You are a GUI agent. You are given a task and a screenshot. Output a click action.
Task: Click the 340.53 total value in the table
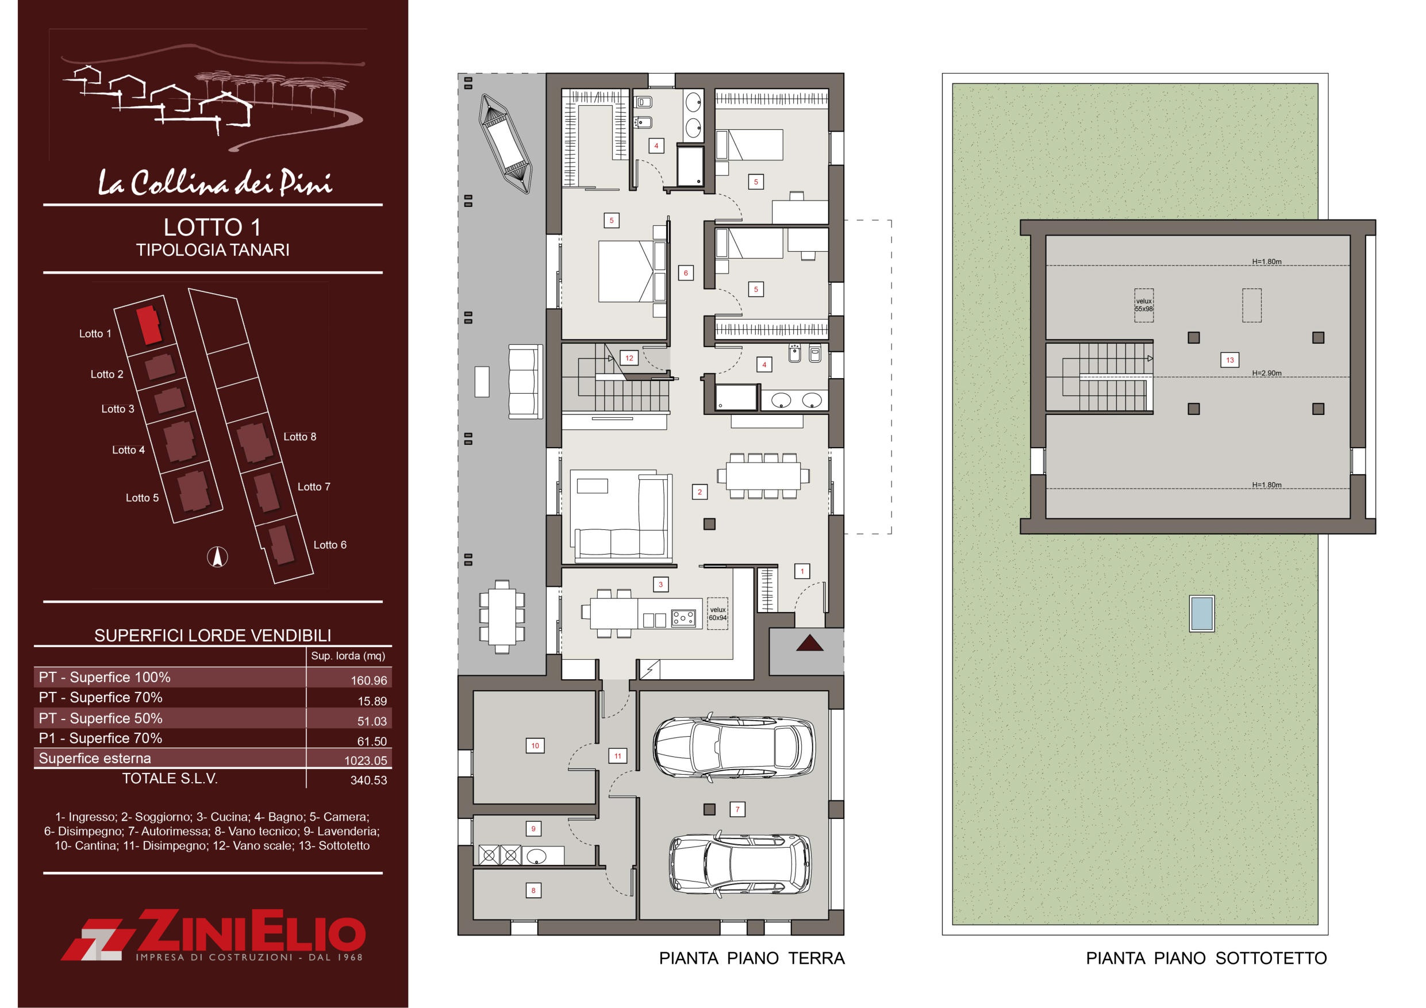[x=368, y=780]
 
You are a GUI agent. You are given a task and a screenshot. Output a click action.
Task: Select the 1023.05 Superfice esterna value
[x=366, y=761]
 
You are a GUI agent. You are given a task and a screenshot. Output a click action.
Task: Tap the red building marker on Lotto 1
[x=149, y=324]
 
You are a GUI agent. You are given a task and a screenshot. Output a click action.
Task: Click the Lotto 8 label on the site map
[x=300, y=437]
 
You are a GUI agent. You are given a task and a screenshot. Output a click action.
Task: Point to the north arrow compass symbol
[x=217, y=556]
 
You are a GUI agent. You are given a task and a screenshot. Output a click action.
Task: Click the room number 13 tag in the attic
[x=1230, y=360]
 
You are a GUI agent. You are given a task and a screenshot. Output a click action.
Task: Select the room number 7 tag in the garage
[x=737, y=809]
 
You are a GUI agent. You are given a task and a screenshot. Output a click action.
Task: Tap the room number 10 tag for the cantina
[x=535, y=745]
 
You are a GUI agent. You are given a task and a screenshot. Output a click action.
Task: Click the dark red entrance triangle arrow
[x=809, y=643]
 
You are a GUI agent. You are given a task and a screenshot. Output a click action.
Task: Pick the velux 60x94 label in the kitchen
[x=718, y=614]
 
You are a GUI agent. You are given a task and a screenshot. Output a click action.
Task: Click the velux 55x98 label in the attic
[x=1143, y=305]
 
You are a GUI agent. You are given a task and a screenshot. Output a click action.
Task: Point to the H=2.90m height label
[x=1266, y=374]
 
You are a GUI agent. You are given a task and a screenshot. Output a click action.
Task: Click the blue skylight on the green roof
[x=1202, y=614]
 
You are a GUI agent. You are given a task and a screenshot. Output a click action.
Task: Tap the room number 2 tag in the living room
[x=699, y=492]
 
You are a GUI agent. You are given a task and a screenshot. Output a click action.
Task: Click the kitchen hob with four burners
[x=683, y=618]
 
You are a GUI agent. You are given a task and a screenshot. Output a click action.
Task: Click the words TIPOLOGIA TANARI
[x=213, y=249]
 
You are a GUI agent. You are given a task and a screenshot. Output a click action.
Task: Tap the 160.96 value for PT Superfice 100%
[x=368, y=680]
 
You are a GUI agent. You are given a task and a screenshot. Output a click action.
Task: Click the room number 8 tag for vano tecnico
[x=533, y=890]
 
